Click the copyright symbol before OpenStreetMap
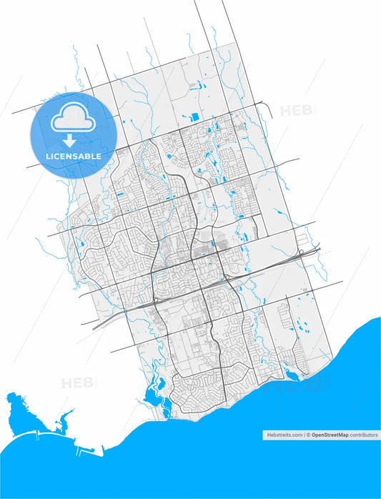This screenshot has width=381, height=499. click(309, 434)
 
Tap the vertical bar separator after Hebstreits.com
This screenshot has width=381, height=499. click(304, 434)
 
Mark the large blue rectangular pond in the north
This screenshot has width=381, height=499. click(194, 117)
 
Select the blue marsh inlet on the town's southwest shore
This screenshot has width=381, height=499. click(152, 392)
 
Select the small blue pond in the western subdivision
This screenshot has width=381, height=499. click(84, 245)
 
